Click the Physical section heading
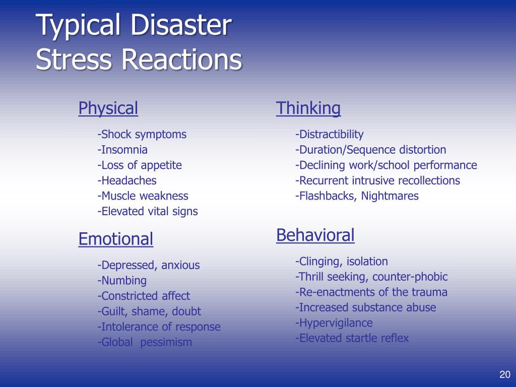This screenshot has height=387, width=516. click(x=108, y=108)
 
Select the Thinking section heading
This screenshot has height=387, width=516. click(x=308, y=108)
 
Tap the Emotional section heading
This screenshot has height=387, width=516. click(x=115, y=239)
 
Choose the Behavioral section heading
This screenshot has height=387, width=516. click(x=315, y=235)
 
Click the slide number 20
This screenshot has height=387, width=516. click(x=505, y=374)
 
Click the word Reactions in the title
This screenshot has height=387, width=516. click(x=181, y=60)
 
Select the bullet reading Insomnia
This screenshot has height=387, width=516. click(x=122, y=150)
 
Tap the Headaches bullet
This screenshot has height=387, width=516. click(x=127, y=180)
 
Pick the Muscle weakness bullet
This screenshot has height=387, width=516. click(x=143, y=196)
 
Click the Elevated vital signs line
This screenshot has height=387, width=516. click(x=148, y=212)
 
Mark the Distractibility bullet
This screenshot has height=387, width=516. click(x=329, y=135)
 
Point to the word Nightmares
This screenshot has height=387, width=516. click(x=390, y=196)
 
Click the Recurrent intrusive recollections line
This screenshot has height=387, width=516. click(x=377, y=180)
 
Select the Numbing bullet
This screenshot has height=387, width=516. click(x=122, y=281)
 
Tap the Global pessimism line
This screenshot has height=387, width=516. click(x=145, y=343)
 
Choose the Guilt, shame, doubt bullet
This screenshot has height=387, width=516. click(x=149, y=311)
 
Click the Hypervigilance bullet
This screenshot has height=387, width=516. click(x=334, y=323)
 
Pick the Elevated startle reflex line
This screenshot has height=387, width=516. click(x=352, y=338)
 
